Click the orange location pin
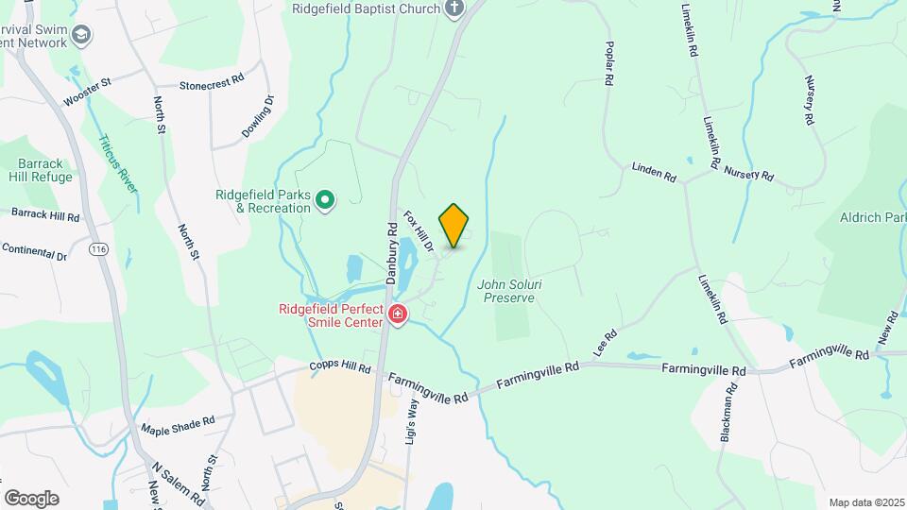coord(454,225)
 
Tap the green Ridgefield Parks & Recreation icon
coord(325,199)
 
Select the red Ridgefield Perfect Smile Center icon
coord(398,314)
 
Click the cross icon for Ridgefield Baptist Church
coord(454,9)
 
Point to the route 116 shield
coord(97,248)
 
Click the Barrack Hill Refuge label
coord(40,169)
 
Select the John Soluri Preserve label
coord(508,290)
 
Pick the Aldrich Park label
coord(872,217)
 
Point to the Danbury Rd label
coord(392,253)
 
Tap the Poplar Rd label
coord(609,68)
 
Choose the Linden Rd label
coord(655,171)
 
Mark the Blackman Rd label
coord(727,412)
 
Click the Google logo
coord(31,498)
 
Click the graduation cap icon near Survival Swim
coord(82,35)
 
